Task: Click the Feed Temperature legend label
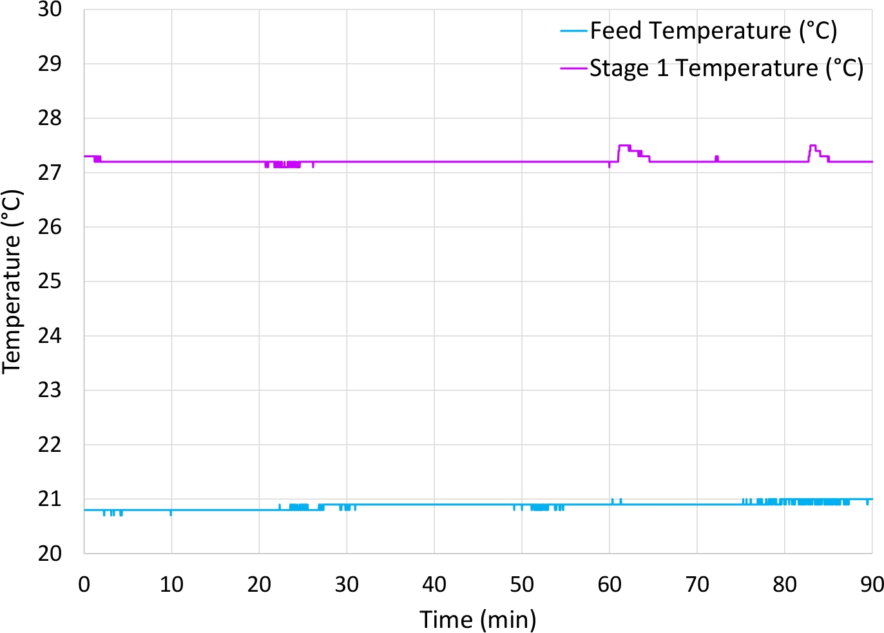tap(713, 30)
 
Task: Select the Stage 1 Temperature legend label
tap(726, 68)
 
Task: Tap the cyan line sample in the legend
tap(574, 31)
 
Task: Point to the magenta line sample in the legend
tap(574, 68)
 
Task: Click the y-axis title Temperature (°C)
tap(12, 281)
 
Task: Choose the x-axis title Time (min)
tap(478, 619)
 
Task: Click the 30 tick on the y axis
tap(50, 10)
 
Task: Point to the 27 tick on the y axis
tap(50, 173)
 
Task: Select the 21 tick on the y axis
tap(50, 499)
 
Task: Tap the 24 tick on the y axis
tap(50, 336)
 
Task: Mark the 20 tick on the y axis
tap(50, 553)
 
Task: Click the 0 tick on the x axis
tap(84, 584)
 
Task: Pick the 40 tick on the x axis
tap(434, 584)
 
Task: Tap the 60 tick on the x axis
tap(610, 584)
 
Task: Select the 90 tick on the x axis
tap(872, 584)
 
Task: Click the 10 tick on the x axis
tap(171, 584)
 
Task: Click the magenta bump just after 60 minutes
tap(624, 146)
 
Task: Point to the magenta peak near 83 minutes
tap(812, 146)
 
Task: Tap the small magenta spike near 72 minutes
tap(716, 158)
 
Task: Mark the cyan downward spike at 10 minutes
tap(171, 514)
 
